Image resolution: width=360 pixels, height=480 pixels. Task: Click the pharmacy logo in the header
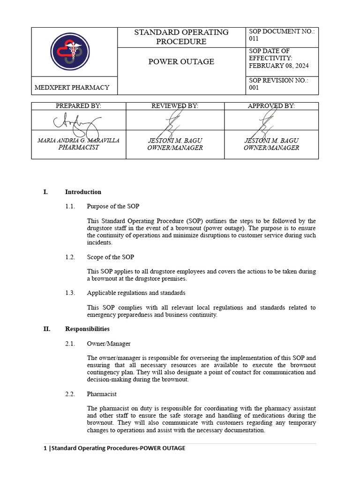[70, 52]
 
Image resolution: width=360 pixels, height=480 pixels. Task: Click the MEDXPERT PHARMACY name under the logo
[72, 87]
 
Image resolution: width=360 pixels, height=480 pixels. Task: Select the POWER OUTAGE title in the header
[181, 61]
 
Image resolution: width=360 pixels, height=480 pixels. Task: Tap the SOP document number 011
[254, 39]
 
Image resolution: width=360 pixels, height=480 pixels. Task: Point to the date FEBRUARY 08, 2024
[278, 66]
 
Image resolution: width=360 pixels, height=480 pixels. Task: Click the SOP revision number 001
[254, 88]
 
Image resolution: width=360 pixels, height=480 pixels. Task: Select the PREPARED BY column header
[78, 106]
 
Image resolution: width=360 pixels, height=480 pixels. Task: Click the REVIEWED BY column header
[175, 106]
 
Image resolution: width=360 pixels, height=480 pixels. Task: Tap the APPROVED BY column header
[271, 106]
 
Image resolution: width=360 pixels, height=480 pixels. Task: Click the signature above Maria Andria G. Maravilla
[77, 123]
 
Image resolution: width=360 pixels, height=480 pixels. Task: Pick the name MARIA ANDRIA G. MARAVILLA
[78, 141]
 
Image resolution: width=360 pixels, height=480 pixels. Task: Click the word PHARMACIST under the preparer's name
[78, 148]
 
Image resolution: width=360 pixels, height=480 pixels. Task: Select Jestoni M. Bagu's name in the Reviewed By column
[175, 141]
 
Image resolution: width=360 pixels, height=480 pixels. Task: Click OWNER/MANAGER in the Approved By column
[271, 148]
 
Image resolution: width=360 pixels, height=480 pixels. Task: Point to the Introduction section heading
[83, 192]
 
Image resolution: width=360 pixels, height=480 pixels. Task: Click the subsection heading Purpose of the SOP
[113, 206]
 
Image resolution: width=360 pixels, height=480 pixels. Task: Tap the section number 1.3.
[70, 293]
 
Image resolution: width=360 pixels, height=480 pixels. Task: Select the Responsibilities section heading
[87, 329]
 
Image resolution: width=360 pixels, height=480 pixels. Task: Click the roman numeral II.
[47, 329]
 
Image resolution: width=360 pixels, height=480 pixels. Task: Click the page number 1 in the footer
[45, 448]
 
